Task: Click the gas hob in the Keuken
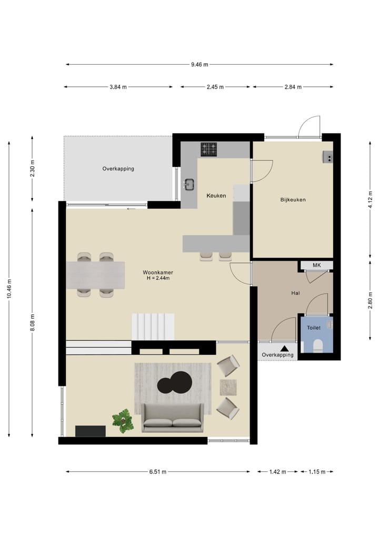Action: (x=209, y=150)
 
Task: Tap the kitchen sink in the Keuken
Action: (x=189, y=184)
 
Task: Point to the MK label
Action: (x=316, y=265)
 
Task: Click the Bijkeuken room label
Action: (x=293, y=200)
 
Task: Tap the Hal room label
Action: (x=295, y=293)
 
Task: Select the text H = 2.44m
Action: (x=158, y=278)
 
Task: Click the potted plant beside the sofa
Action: (x=123, y=421)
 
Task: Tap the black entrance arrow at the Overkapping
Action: (x=284, y=348)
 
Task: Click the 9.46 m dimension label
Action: (x=200, y=65)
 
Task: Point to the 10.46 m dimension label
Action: (x=9, y=289)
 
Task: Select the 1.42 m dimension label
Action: (x=277, y=472)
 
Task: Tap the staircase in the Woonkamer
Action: (x=153, y=326)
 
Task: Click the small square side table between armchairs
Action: (x=228, y=387)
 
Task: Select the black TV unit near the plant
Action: (x=90, y=431)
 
